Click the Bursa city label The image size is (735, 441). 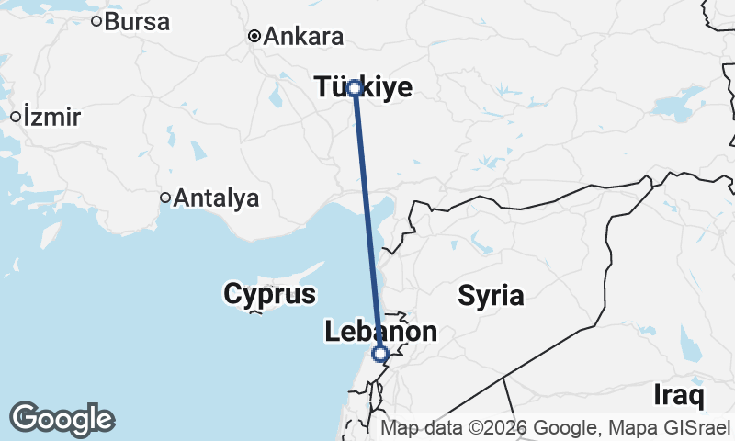click(137, 21)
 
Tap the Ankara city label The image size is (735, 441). click(303, 38)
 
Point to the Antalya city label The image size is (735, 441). click(217, 198)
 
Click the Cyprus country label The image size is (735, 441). click(269, 294)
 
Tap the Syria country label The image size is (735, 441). click(491, 296)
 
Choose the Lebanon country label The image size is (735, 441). click(380, 333)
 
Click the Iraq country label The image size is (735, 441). click(679, 396)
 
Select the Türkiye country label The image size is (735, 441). click(364, 87)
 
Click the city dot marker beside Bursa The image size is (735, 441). click(96, 20)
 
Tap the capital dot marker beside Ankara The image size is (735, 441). click(254, 37)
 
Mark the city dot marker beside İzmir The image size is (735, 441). click(16, 117)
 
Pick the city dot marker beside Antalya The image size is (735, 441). click(165, 197)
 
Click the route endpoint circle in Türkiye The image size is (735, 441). click(355, 88)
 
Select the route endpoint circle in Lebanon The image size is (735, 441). click(380, 354)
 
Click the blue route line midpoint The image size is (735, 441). click(367, 220)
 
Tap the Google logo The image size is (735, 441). click(62, 419)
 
